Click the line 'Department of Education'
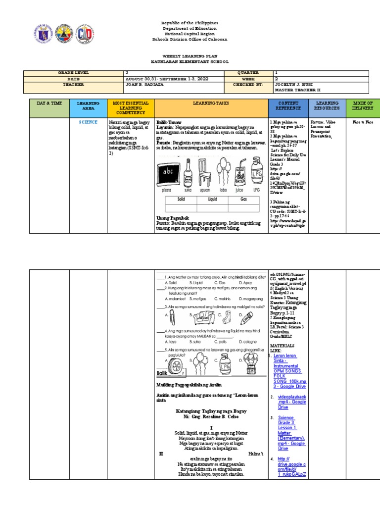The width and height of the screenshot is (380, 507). [x=190, y=29]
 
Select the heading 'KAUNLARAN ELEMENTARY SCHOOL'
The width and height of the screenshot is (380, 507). [x=190, y=62]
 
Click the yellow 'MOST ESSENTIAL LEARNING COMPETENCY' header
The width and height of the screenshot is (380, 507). [x=131, y=108]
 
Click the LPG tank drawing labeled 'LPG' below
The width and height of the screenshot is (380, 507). [x=256, y=171]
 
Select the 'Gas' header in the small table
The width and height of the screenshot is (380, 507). [x=243, y=199]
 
